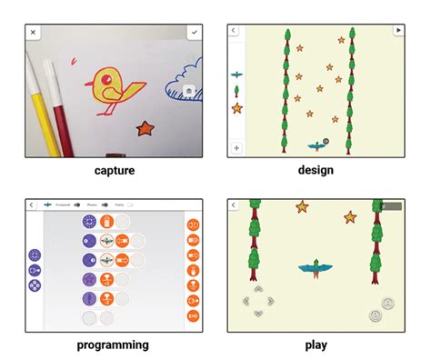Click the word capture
tap(114, 170)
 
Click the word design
tap(315, 170)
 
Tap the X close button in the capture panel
tap(34, 32)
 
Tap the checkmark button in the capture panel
tap(193, 32)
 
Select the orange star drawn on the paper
tap(144, 129)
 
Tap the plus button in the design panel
tap(236, 147)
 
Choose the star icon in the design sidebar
tap(236, 108)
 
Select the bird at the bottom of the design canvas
tap(316, 144)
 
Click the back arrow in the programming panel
tap(33, 205)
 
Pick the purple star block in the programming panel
tap(89, 280)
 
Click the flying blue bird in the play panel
tap(314, 266)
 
